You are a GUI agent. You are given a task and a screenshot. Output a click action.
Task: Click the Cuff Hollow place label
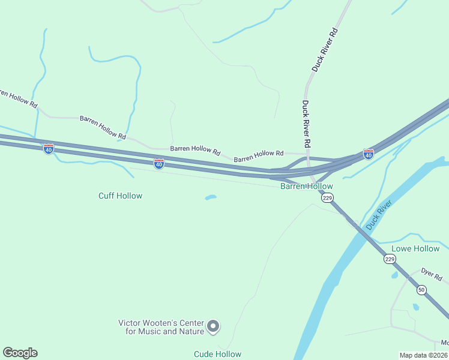click(120, 196)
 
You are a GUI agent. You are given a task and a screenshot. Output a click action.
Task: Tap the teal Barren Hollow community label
click(306, 187)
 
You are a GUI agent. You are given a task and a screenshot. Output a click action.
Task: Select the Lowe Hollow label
click(415, 248)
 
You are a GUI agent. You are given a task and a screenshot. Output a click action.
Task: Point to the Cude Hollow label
click(217, 354)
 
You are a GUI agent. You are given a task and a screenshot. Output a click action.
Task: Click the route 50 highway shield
click(421, 290)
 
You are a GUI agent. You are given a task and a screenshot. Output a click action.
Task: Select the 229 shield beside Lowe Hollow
click(390, 259)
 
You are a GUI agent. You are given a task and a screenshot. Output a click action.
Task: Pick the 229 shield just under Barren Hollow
click(327, 197)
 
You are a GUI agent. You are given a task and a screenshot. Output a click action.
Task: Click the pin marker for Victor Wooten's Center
click(214, 327)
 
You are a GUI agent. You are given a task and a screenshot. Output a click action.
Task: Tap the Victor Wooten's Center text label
click(161, 327)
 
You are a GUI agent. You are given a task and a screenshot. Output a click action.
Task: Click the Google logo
click(20, 353)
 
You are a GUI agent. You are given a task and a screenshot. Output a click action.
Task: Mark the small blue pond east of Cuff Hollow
click(210, 197)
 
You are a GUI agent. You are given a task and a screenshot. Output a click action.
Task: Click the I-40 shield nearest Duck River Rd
click(368, 154)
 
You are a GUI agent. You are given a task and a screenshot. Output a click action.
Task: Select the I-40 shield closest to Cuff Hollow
click(158, 164)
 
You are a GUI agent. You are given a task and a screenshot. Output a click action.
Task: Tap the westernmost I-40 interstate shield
click(49, 148)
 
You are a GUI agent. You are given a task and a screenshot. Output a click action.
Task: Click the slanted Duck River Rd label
click(325, 50)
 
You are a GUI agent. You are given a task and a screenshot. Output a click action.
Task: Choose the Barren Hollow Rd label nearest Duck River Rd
click(258, 157)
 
